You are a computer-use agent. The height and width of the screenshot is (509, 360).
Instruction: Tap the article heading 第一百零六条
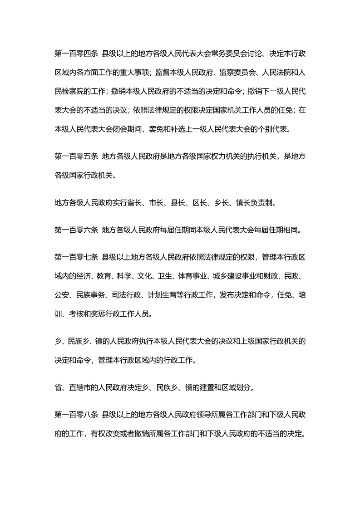coord(76,230)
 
